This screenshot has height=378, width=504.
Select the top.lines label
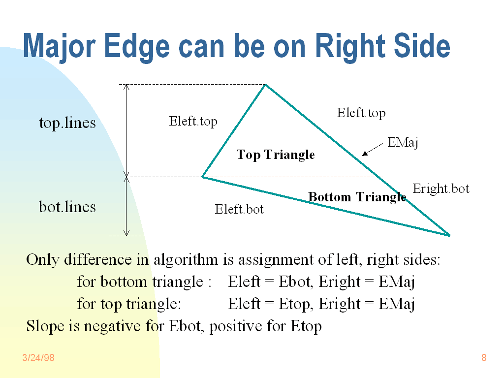click(x=67, y=123)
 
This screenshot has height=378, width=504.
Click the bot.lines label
click(x=67, y=207)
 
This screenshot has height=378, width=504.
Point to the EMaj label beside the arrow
click(x=403, y=143)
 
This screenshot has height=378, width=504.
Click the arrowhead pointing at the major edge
click(x=365, y=154)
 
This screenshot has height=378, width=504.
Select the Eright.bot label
click(x=441, y=189)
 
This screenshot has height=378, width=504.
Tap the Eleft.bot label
click(x=239, y=209)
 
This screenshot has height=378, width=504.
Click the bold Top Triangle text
click(x=276, y=155)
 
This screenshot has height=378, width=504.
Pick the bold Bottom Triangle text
click(x=357, y=197)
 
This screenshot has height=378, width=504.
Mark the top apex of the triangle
click(x=265, y=85)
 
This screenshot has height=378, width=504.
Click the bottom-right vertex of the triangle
click(x=449, y=235)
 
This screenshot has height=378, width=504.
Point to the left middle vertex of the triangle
click(x=202, y=177)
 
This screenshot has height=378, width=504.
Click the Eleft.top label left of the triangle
click(x=193, y=122)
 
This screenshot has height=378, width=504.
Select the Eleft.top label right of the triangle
click(x=361, y=113)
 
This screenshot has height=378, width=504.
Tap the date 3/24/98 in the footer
click(x=38, y=358)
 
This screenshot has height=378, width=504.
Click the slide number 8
click(x=484, y=358)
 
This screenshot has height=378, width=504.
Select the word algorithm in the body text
click(x=186, y=260)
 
